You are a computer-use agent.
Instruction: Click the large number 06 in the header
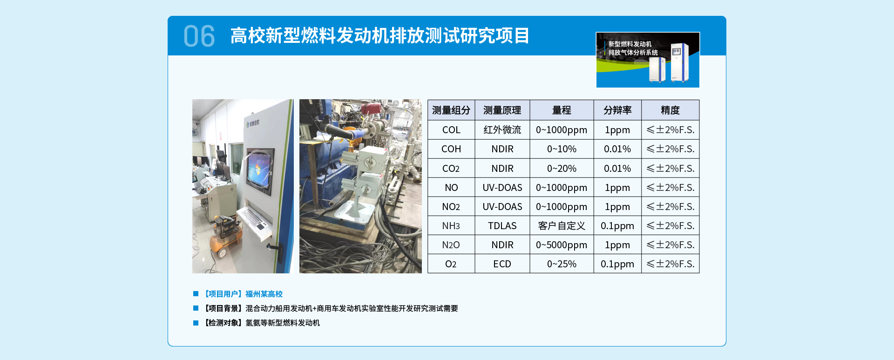coord(199,36)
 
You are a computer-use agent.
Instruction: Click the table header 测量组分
coord(451,110)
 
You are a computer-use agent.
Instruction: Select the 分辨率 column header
coord(617,110)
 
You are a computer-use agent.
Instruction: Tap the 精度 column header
coord(670,110)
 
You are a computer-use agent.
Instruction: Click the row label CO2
coord(451,168)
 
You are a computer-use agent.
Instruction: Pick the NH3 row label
coord(451,226)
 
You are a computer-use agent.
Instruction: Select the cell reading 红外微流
coord(502,130)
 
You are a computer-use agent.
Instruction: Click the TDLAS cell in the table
coord(502,226)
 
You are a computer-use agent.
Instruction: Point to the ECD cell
coord(502,264)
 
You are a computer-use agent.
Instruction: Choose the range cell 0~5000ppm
coord(561,245)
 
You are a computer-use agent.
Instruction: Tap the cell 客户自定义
coord(561,226)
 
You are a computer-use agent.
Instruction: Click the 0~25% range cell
coord(561,264)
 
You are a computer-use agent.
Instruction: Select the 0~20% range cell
coord(561,168)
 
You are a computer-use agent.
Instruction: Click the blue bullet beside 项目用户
coord(196,294)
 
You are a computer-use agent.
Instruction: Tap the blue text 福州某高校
coord(264,294)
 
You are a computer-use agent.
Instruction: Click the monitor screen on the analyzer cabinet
coord(260,171)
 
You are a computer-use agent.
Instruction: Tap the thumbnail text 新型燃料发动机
coord(630,44)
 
